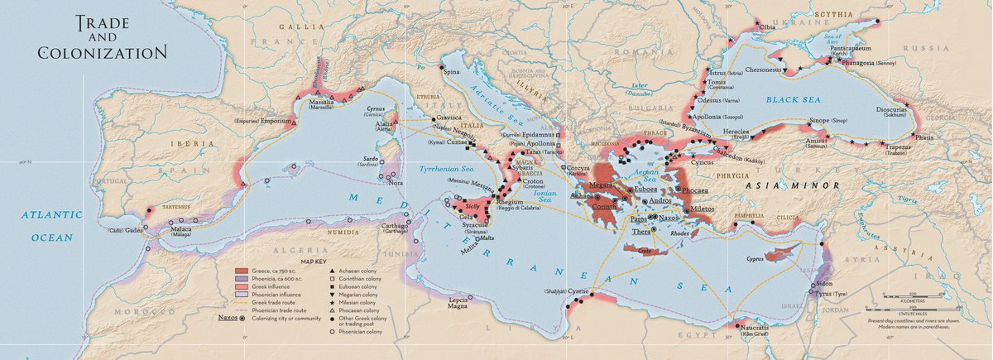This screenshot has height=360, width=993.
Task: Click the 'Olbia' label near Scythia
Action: tap(767, 26)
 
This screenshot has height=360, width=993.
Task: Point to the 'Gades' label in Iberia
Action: tap(134, 231)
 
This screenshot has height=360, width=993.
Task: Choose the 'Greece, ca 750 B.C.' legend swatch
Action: tap(241, 271)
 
